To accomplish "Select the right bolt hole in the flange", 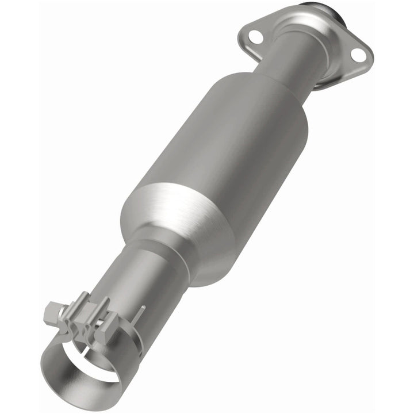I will [357, 55].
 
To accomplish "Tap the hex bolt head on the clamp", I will [52, 313].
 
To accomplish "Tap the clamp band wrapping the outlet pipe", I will [129, 345].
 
